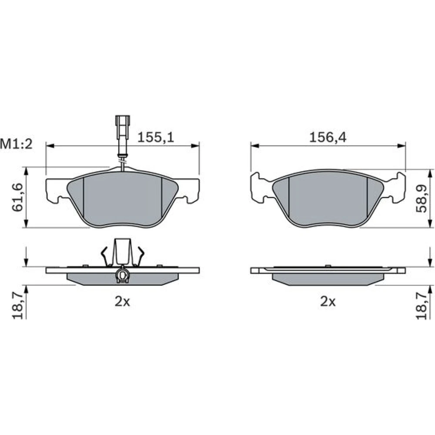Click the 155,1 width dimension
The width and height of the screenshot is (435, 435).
coord(156,137)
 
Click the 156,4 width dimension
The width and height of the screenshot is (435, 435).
coord(328,137)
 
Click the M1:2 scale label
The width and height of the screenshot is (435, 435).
coord(16,144)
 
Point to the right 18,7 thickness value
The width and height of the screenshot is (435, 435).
coord(421,308)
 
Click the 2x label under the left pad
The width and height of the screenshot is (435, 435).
coord(122,301)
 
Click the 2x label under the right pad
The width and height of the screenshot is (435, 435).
coord(328,301)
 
